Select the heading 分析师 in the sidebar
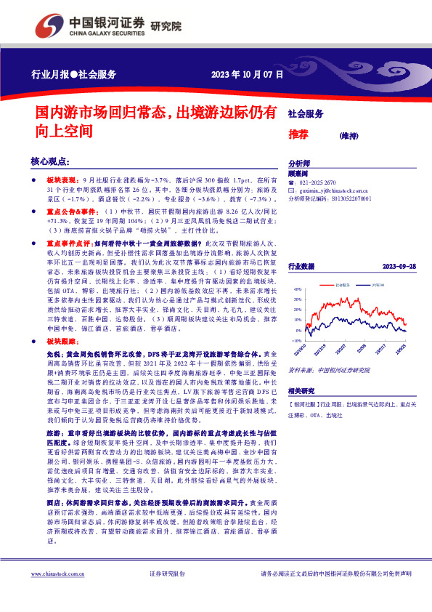pyautogui.click(x=299, y=164)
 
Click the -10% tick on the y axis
pyautogui.click(x=296, y=339)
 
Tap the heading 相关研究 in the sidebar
pyautogui.click(x=301, y=390)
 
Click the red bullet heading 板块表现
pyautogui.click(x=60, y=178)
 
